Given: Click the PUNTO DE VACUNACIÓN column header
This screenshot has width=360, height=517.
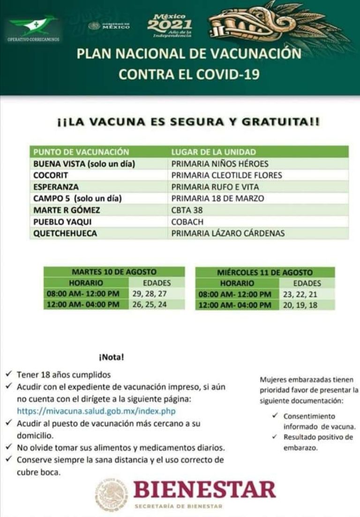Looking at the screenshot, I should [81, 152].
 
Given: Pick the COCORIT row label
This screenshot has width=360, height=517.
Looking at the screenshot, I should [51, 175].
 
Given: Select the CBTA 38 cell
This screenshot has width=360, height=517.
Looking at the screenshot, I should [187, 210].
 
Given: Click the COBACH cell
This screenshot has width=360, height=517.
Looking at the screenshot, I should [187, 222].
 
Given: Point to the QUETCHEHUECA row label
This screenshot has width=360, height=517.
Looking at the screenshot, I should [65, 233].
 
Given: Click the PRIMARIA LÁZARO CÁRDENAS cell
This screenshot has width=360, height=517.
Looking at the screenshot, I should [228, 233].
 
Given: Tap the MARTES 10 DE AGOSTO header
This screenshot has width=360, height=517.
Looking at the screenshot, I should [114, 272].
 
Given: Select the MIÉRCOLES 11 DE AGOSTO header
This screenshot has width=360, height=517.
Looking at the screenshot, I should [265, 272].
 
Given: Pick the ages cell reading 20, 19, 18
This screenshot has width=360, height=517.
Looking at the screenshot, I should [300, 305].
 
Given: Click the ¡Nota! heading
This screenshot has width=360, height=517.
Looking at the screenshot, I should [111, 358].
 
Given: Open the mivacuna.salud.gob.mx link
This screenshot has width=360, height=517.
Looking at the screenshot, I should [96, 411].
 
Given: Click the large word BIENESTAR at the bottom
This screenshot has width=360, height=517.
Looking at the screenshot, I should [204, 490].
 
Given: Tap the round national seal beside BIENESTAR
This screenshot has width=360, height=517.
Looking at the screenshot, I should [112, 495].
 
